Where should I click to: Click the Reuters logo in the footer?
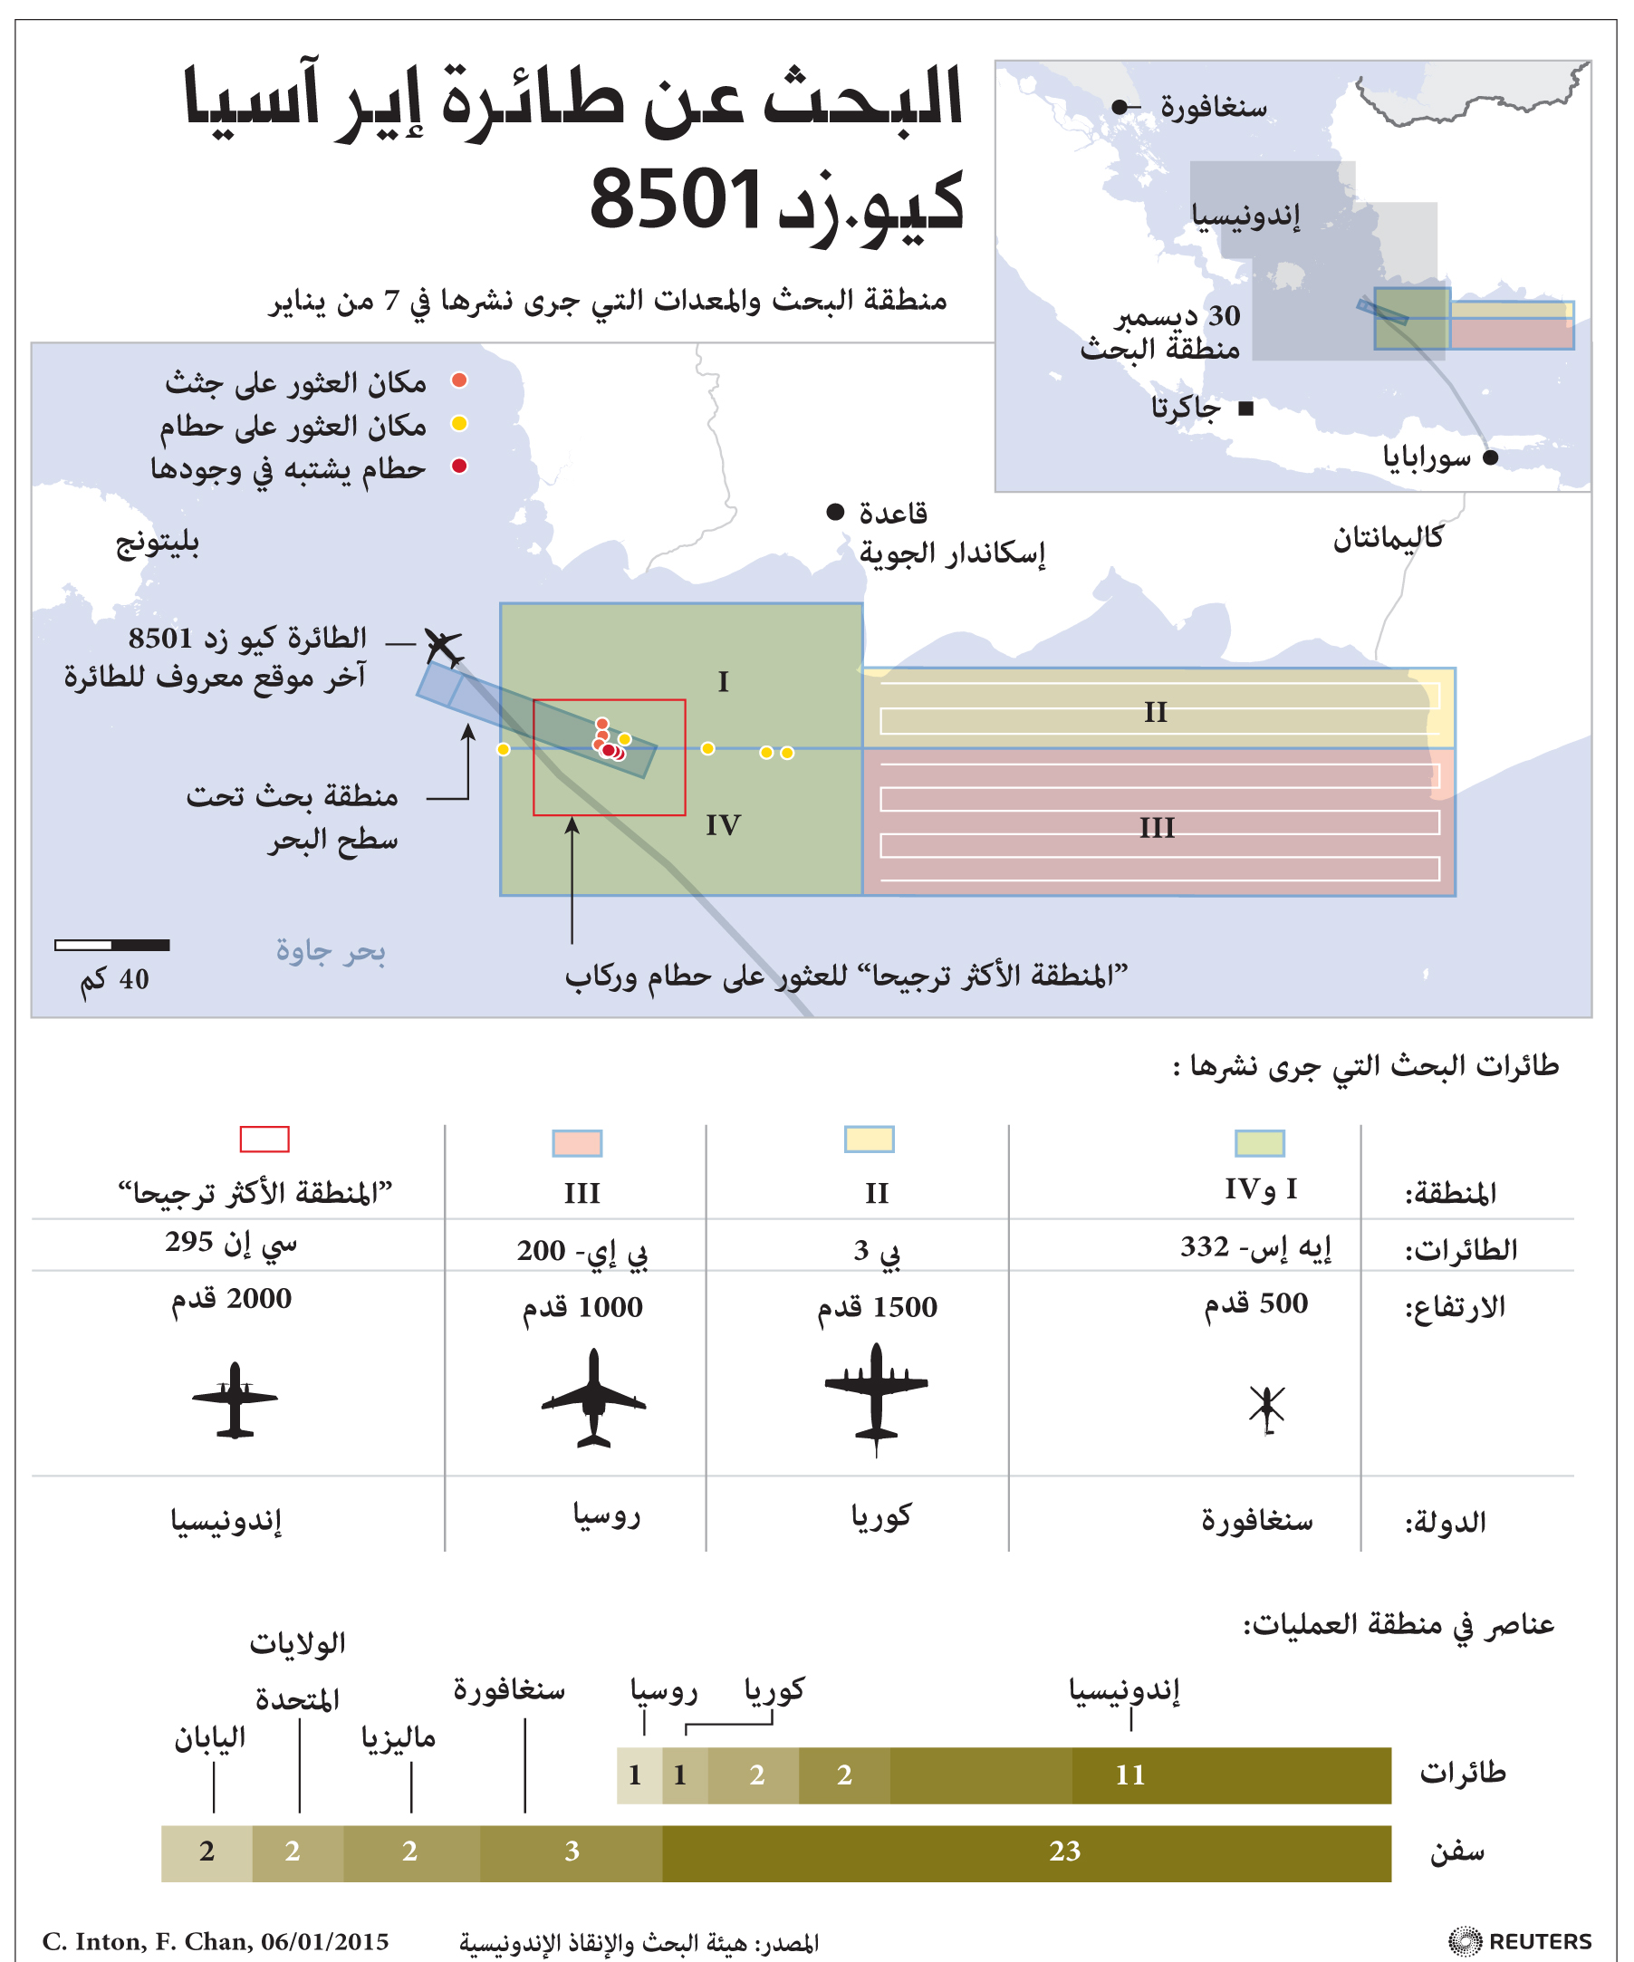1520,1940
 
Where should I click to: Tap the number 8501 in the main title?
676,199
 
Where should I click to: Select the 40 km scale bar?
112,945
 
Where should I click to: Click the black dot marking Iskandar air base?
835,512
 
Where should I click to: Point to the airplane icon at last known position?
443,646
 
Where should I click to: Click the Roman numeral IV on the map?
722,825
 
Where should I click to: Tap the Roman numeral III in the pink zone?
1157,828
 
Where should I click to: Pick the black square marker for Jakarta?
1245,409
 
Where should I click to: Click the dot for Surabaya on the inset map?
1490,457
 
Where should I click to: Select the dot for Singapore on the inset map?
1120,108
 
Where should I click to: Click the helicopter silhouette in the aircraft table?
1267,1409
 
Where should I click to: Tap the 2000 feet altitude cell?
231,1299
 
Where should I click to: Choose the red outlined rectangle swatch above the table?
264,1139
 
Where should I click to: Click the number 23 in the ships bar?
1064,1851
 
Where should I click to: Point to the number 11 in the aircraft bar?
1129,1774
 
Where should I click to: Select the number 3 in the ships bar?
572,1851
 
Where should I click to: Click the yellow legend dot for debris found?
458,424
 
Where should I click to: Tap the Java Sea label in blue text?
330,950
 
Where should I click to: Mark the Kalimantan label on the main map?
1388,538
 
